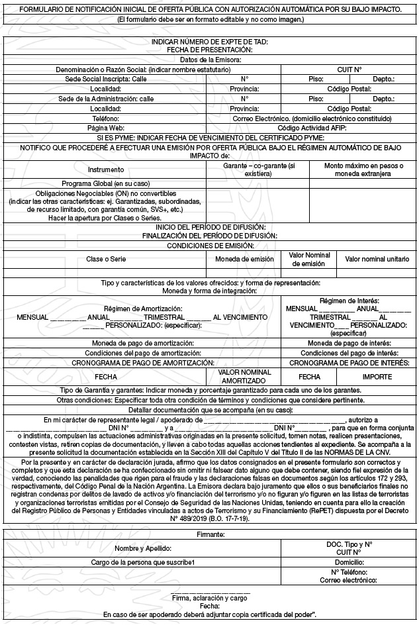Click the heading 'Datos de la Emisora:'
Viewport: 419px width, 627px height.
click(x=209, y=60)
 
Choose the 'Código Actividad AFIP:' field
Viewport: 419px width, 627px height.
click(x=312, y=128)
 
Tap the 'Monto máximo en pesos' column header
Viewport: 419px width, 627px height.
click(x=363, y=169)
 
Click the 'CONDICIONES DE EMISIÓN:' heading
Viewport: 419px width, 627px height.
click(x=209, y=245)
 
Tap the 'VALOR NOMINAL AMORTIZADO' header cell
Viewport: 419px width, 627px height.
click(x=244, y=377)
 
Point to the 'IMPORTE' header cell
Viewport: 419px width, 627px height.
click(x=377, y=376)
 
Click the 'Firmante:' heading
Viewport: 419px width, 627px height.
click(x=209, y=533)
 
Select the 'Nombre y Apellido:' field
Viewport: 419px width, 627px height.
click(x=143, y=548)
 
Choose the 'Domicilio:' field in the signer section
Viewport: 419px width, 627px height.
click(x=349, y=562)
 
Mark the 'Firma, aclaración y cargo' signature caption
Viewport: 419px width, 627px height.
click(x=209, y=598)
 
